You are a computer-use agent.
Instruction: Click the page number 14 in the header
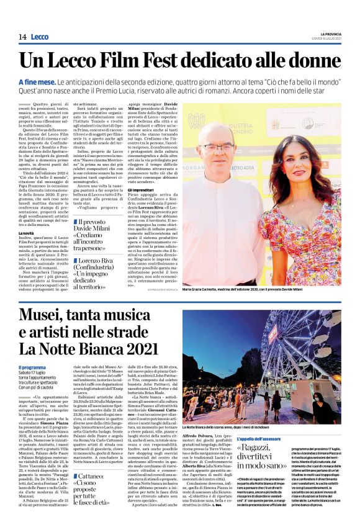pos(22,37)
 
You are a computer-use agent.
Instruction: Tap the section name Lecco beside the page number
pos(39,37)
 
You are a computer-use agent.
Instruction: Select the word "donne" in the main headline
pos(312,61)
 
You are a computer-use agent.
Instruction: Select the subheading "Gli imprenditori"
pos(143,189)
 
